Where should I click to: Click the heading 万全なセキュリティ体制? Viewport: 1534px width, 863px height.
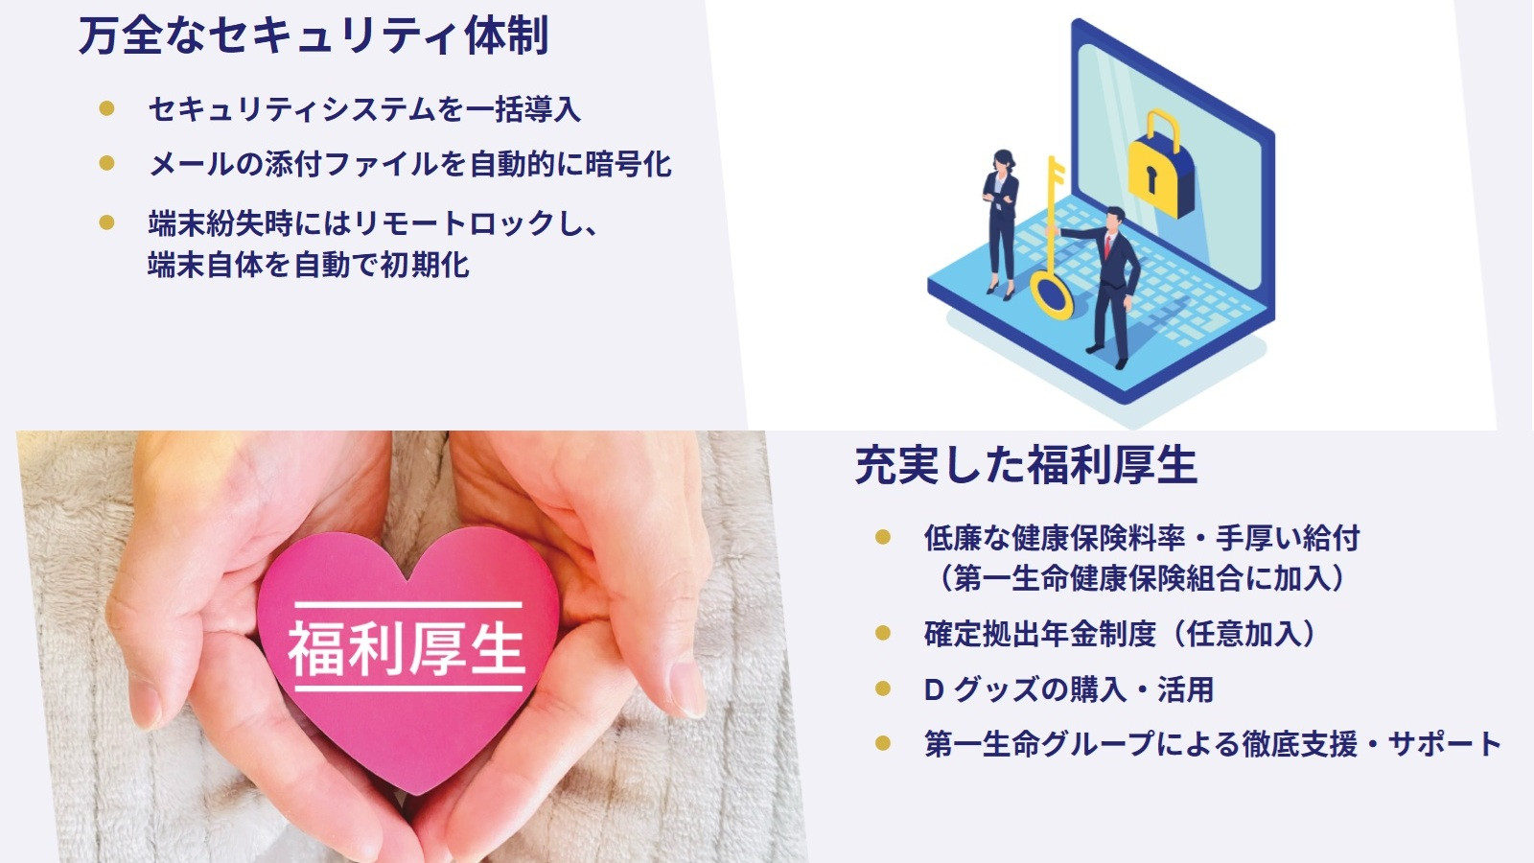click(x=314, y=35)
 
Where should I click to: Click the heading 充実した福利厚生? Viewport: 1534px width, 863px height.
click(x=1026, y=466)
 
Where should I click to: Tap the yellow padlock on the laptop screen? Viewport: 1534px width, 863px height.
click(x=1160, y=164)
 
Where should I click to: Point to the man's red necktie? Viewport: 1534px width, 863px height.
click(x=1107, y=245)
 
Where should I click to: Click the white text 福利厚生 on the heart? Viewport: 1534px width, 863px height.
click(x=407, y=648)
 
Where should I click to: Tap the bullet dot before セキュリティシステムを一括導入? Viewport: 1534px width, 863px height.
click(x=106, y=108)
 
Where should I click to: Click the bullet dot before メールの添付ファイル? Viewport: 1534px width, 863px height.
click(x=106, y=163)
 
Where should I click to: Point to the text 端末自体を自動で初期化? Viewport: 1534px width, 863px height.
click(x=309, y=265)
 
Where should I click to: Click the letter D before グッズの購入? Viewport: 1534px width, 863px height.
click(x=935, y=689)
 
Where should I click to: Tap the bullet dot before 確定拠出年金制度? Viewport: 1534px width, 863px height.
click(x=883, y=633)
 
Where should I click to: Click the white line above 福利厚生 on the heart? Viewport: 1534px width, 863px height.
click(x=408, y=605)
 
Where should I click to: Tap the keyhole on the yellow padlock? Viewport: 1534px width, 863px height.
click(x=1150, y=179)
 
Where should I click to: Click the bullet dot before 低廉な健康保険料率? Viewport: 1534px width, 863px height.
click(x=883, y=537)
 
